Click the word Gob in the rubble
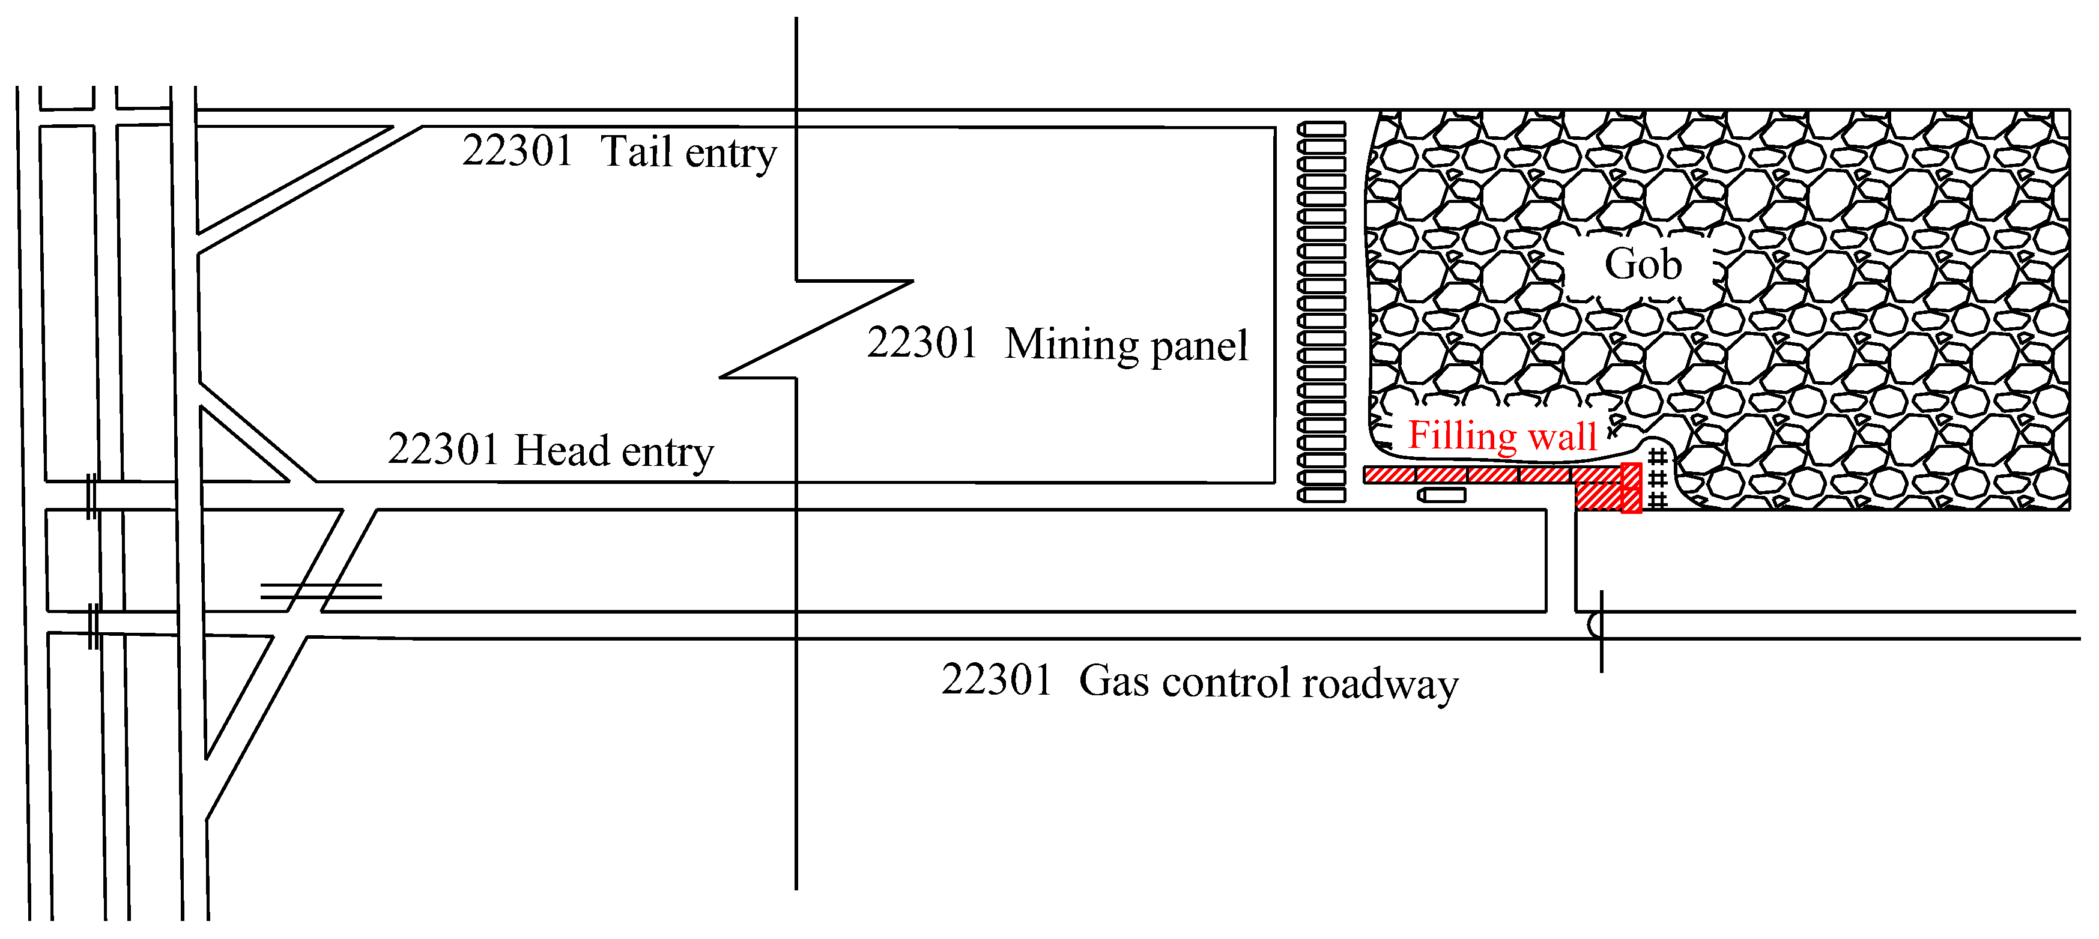[1643, 264]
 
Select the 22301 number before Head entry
[443, 450]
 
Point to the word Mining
[1071, 345]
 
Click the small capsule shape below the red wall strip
[1441, 494]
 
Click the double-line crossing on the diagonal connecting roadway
[320, 590]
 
